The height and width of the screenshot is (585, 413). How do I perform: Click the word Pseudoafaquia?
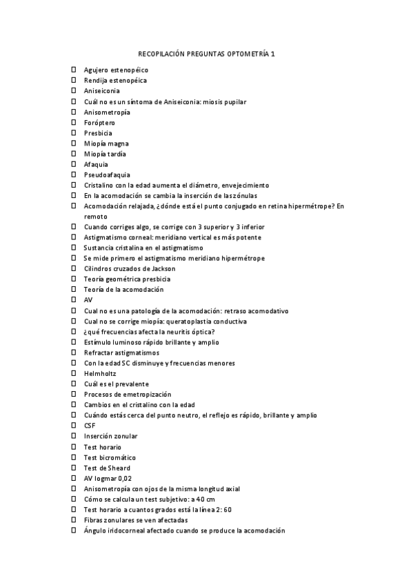point(107,175)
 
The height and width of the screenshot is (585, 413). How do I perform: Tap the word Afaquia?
point(96,165)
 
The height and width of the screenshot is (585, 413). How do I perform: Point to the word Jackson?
point(160,268)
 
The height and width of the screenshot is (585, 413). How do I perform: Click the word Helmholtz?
point(100,373)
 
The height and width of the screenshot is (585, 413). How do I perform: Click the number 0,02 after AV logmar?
point(123,478)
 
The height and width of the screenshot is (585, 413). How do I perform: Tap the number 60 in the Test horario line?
point(227,509)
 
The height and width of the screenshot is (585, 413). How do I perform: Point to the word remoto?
point(96,216)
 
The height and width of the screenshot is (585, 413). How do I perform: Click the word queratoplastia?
point(194,321)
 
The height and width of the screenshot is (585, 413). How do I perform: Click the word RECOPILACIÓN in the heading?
point(164,52)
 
